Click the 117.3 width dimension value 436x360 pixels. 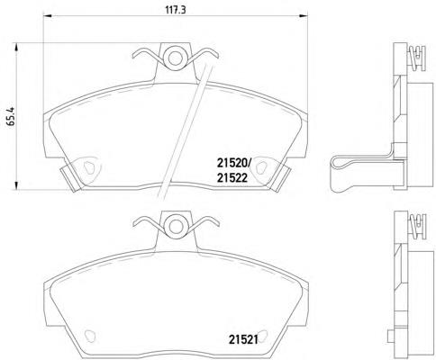pyautogui.click(x=176, y=10)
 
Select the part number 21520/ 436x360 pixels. pyautogui.click(x=233, y=164)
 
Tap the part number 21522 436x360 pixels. pyautogui.click(x=232, y=178)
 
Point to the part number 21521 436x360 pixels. pyautogui.click(x=243, y=339)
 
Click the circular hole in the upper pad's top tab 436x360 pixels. pyautogui.click(x=176, y=58)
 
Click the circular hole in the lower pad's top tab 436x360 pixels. pyautogui.click(x=176, y=226)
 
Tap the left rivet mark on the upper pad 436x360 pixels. pyautogui.click(x=89, y=167)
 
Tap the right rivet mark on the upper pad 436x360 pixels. pyautogui.click(x=262, y=167)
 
